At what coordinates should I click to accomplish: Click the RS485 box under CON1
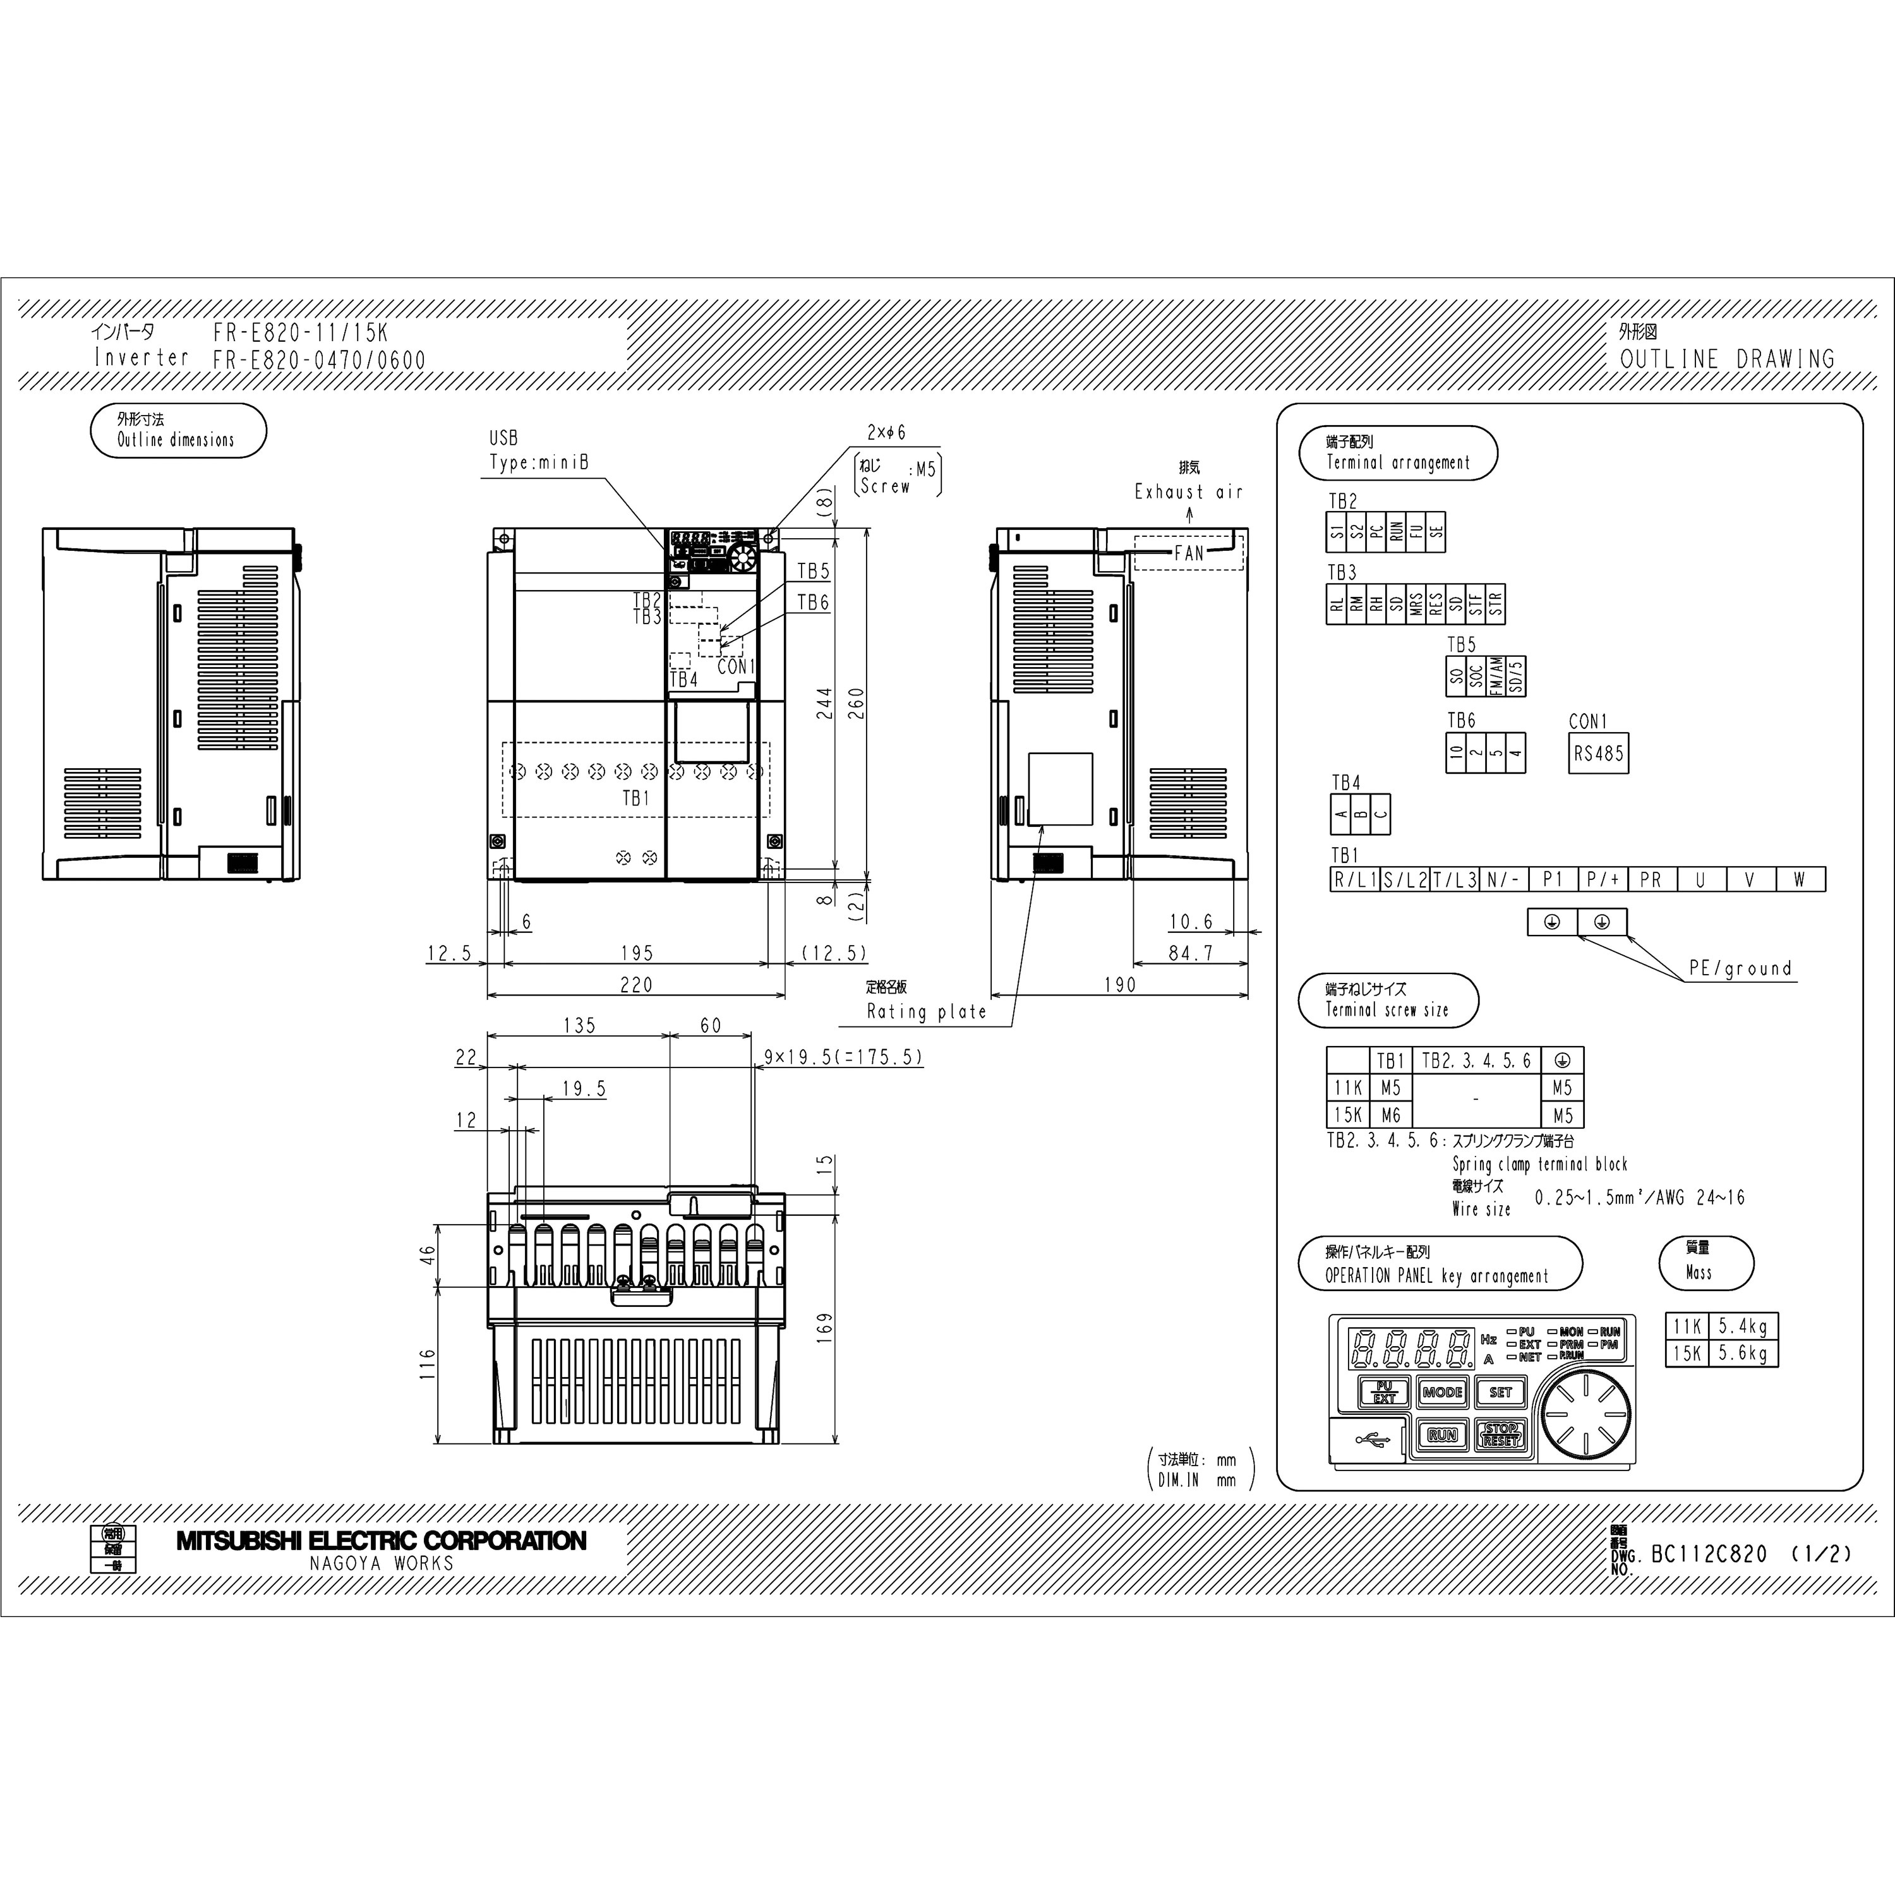click(1598, 754)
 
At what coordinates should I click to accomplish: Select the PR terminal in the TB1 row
click(1651, 880)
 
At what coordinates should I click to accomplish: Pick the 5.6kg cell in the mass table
click(1743, 1354)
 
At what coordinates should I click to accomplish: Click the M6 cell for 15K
click(1391, 1116)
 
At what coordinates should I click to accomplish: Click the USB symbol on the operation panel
click(1372, 1441)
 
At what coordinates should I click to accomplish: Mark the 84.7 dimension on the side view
click(1191, 953)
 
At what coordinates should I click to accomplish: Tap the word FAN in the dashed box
click(1189, 553)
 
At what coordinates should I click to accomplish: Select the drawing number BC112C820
click(1710, 1554)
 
